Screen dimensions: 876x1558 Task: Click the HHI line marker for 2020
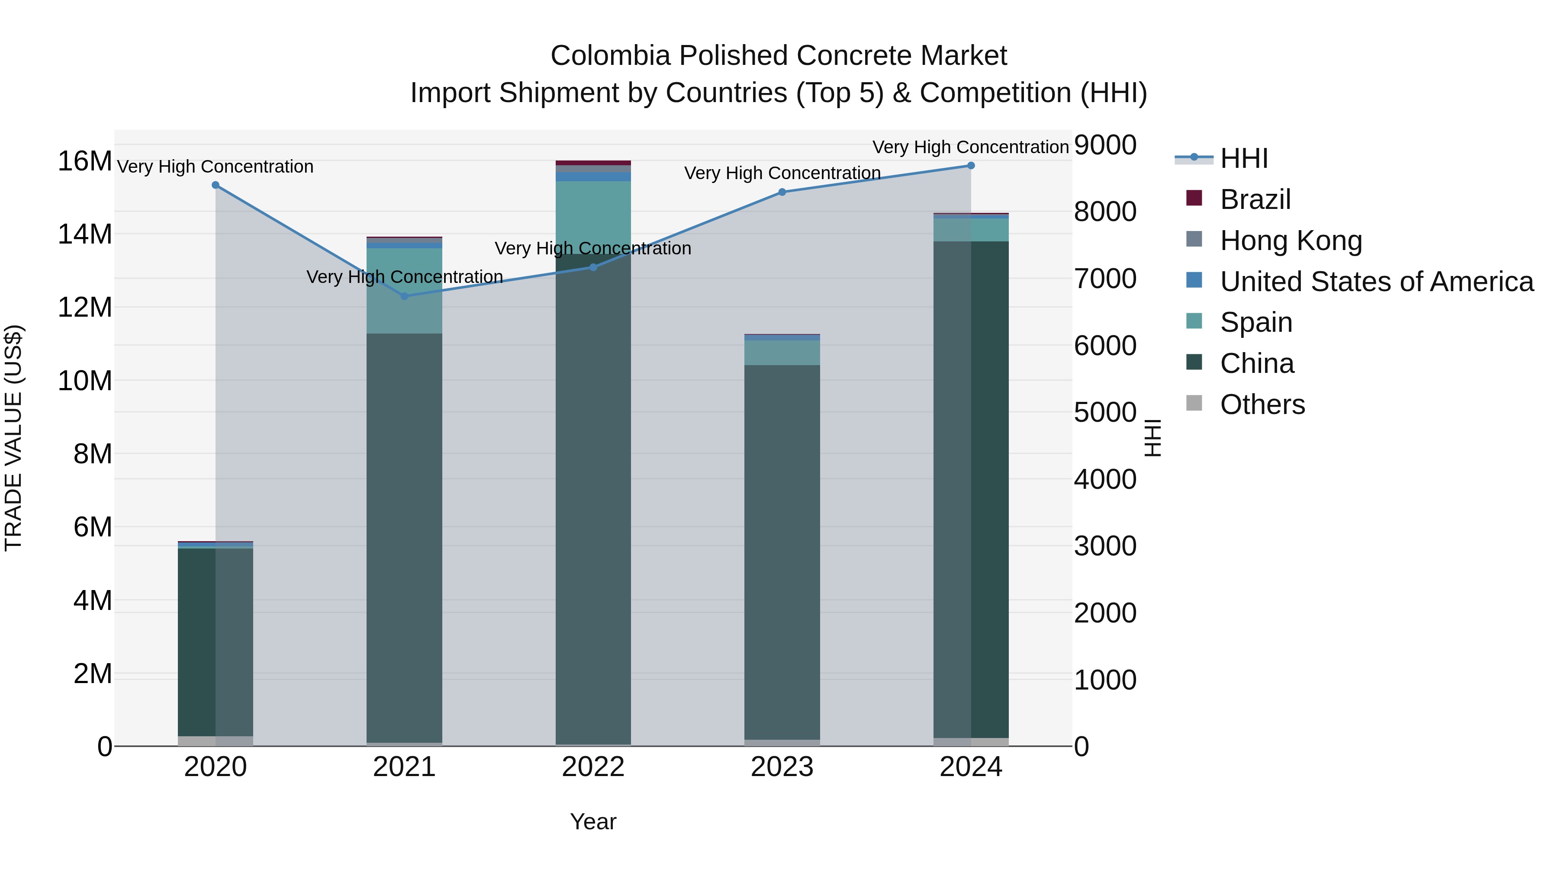(216, 185)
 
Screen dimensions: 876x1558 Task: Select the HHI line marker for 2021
(405, 296)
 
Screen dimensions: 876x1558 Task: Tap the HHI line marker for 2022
(593, 267)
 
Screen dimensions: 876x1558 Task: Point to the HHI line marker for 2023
(782, 192)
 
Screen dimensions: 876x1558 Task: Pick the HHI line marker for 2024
(971, 166)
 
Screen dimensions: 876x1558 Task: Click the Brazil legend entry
(1255, 199)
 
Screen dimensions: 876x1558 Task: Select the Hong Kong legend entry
(1291, 241)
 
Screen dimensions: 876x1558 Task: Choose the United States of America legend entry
(1376, 282)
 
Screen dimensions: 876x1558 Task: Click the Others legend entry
(1262, 404)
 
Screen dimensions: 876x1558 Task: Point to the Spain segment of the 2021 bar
(405, 291)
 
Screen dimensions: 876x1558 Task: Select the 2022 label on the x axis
(593, 767)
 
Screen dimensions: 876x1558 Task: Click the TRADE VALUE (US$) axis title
(14, 438)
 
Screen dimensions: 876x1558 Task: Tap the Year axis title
(593, 821)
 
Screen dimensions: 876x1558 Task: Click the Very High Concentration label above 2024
(970, 147)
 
